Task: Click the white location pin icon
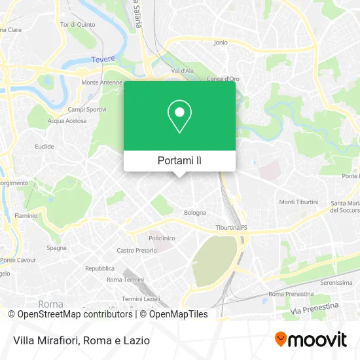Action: coord(179,117)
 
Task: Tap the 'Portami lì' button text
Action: coord(179,160)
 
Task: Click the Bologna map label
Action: coord(194,212)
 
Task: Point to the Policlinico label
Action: coord(162,238)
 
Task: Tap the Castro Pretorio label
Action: coord(137,250)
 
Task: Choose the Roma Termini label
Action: coord(124,279)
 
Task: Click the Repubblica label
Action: coord(100,268)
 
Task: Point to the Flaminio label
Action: coord(26,215)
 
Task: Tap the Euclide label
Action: coord(45,147)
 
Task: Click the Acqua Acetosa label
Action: coord(67,120)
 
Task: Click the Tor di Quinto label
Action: coord(77,25)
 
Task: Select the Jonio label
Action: coord(221,42)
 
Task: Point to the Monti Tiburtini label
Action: coord(298,202)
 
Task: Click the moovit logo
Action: coord(310,340)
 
